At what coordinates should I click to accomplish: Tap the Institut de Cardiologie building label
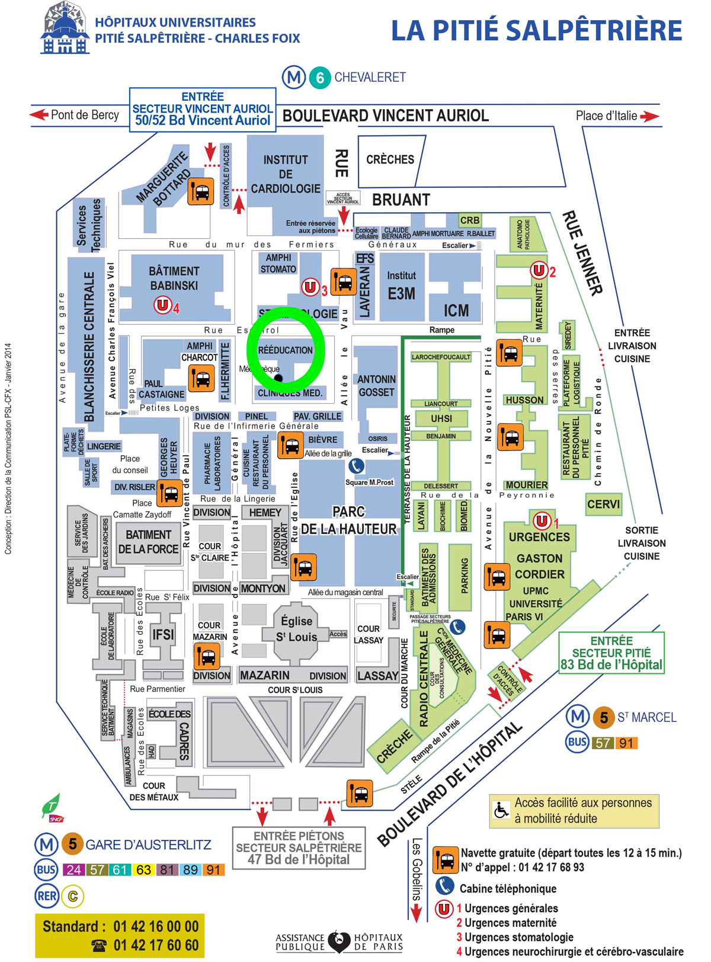[286, 174]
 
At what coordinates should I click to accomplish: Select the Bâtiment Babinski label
[174, 278]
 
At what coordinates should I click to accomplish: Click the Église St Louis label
[296, 629]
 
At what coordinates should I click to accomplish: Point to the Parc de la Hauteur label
[348, 520]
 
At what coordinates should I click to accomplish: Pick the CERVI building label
[603, 504]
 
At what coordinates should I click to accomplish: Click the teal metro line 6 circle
[320, 78]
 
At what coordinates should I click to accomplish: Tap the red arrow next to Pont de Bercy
[39, 114]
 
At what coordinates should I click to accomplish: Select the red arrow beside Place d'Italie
[649, 116]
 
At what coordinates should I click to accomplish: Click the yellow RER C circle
[73, 896]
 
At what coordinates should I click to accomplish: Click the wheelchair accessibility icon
[501, 810]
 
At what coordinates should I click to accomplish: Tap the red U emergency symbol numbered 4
[162, 305]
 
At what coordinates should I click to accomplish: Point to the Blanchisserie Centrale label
[89, 347]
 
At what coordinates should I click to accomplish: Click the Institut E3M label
[401, 285]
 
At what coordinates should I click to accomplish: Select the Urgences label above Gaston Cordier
[539, 537]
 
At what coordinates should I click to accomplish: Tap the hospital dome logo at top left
[65, 28]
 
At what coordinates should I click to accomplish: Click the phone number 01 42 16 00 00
[156, 926]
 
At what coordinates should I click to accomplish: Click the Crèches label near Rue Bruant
[390, 159]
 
